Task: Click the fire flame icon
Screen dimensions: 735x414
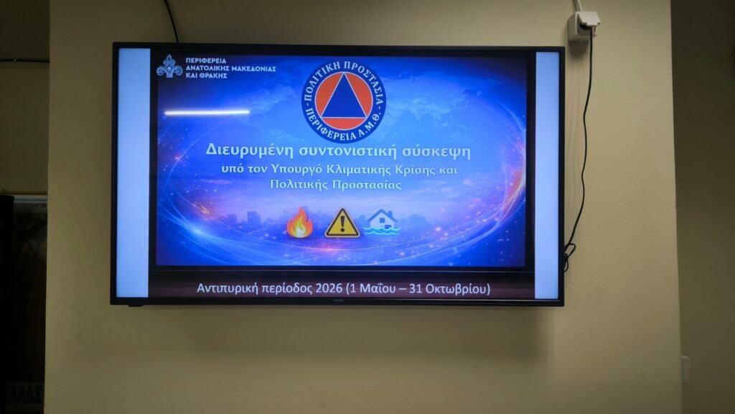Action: [x=300, y=223]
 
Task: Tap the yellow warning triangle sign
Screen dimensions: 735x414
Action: [x=342, y=224]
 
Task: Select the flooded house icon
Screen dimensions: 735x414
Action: [x=383, y=221]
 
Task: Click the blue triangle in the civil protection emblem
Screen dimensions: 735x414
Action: [x=345, y=98]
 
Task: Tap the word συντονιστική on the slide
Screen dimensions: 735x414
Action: [x=349, y=151]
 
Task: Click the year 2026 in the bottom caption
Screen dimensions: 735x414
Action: [x=329, y=287]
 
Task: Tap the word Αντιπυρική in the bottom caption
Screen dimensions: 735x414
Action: [x=228, y=288]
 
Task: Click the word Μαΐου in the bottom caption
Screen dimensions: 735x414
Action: [x=373, y=288]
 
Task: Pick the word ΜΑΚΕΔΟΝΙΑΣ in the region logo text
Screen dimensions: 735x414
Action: [x=252, y=68]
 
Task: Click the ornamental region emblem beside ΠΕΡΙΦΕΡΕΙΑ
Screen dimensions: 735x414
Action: [x=169, y=66]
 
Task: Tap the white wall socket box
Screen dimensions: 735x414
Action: [x=583, y=27]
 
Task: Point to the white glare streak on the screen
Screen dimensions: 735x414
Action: [x=207, y=112]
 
